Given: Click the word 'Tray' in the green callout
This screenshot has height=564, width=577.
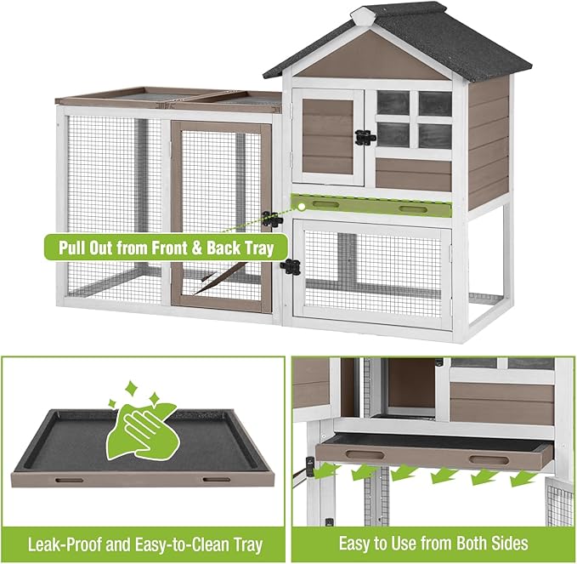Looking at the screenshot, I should pos(256,249).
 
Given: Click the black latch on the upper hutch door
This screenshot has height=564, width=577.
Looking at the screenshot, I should pos(365,136).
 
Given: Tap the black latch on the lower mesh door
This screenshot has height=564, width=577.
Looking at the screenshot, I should pos(291,266).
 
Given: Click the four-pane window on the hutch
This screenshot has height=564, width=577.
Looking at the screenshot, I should pos(414,119).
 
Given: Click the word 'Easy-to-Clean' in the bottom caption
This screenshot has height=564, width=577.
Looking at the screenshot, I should pos(164,543).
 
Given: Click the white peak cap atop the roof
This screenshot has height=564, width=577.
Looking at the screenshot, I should pos(363,14).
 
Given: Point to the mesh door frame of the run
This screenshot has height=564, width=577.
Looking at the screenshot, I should pos(175,213).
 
